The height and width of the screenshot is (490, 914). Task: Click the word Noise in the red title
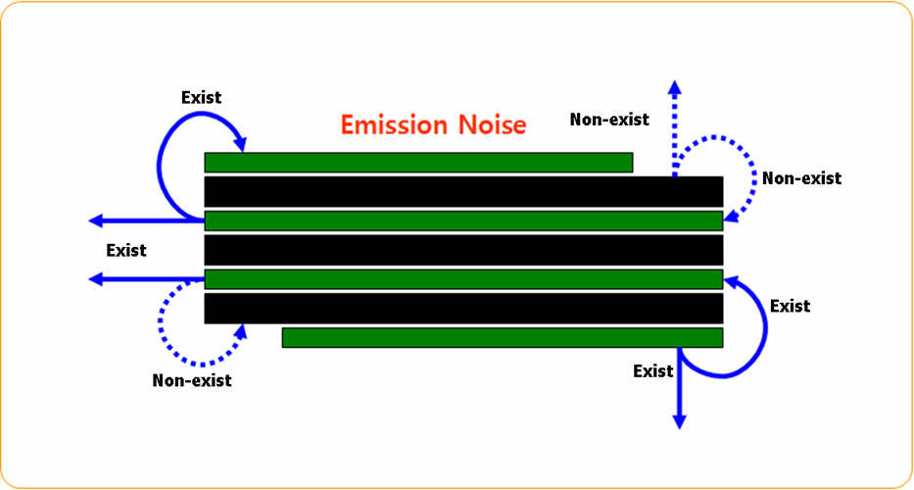(491, 124)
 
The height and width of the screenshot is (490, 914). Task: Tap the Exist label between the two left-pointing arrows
(126, 250)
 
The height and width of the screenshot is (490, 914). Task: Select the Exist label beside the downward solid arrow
(653, 371)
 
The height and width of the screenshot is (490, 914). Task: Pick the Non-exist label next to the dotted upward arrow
(609, 120)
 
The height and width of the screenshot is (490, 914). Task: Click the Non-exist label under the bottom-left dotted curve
(192, 380)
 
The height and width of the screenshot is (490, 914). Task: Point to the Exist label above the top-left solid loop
(202, 97)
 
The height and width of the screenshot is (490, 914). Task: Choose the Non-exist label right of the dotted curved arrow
(801, 178)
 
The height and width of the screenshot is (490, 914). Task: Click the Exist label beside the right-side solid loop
(790, 306)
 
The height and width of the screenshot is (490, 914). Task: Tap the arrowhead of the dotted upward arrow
(675, 87)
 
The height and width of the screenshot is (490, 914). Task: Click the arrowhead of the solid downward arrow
(679, 420)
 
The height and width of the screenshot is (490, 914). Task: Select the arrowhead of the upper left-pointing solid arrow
(95, 220)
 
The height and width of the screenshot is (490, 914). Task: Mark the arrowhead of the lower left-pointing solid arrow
(95, 279)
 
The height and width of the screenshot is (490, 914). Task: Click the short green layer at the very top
(418, 163)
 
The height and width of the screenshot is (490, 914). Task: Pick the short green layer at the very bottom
(502, 338)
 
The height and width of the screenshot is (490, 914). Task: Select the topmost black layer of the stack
(463, 191)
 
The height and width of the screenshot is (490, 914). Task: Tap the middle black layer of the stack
(463, 250)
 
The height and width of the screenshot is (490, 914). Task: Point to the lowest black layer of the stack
(463, 309)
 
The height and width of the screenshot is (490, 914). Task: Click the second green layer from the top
(463, 220)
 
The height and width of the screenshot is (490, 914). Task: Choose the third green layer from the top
(463, 279)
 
